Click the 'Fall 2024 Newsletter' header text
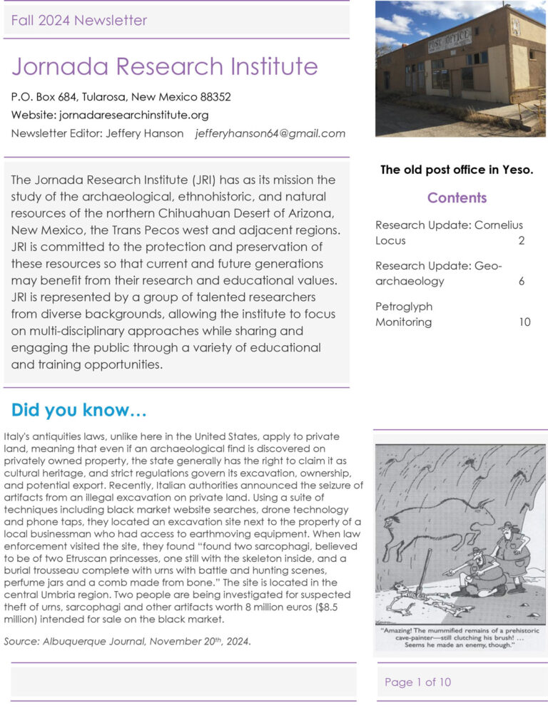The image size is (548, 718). [x=78, y=20]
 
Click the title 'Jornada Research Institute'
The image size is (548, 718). [x=164, y=66]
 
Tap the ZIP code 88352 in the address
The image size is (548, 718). [x=214, y=96]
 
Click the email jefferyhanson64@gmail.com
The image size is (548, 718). [x=270, y=133]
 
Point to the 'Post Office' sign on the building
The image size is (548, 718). [x=449, y=41]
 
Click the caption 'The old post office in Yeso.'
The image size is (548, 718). [x=457, y=170]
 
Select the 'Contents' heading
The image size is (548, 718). [x=457, y=198]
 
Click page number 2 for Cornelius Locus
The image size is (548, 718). [x=522, y=241]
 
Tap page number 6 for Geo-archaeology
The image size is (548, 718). [x=522, y=281]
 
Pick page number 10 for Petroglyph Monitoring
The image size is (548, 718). [x=524, y=322]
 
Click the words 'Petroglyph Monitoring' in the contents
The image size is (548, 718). [x=404, y=314]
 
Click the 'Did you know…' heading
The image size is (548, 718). [x=79, y=411]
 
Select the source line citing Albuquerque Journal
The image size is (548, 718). [x=127, y=641]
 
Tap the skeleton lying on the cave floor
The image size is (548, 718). [x=421, y=598]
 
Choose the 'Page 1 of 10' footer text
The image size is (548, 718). [x=418, y=682]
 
